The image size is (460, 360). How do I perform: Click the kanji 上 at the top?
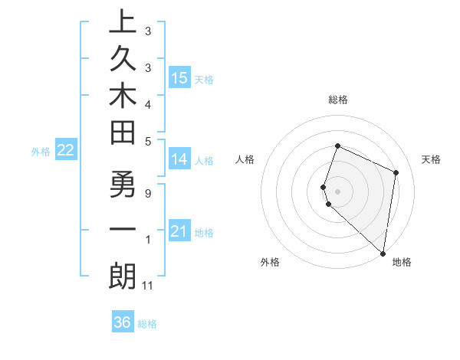pos(123,23)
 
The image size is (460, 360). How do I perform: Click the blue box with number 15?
pos(179,78)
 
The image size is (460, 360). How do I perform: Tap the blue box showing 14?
pos(179,159)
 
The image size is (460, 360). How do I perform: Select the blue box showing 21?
pos(179,231)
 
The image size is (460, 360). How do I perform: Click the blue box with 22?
pos(65,151)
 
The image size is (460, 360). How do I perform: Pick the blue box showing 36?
pos(123,322)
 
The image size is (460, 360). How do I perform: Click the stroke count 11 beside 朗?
pos(149,286)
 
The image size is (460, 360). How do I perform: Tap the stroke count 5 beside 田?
pos(148,141)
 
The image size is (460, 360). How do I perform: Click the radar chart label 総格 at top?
pos(337,100)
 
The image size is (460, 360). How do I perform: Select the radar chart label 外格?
pos(270,262)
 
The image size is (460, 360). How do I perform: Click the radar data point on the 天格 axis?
pos(396,172)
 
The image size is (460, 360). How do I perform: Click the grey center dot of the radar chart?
pos(337,191)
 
